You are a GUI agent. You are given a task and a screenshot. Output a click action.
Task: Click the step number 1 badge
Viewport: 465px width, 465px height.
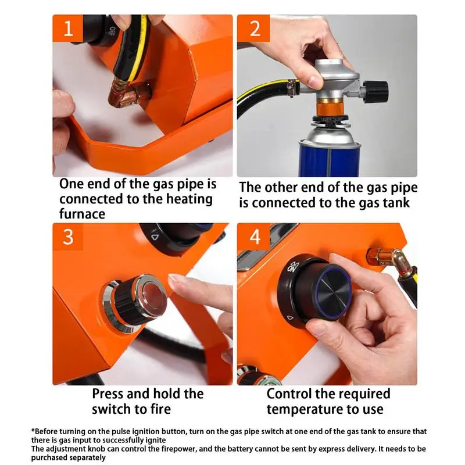67,28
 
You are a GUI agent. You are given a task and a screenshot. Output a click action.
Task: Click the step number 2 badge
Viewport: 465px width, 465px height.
253,28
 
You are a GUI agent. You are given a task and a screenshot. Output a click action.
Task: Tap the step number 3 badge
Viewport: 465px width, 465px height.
67,237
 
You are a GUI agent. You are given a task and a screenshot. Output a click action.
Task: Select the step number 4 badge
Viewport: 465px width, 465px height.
253,237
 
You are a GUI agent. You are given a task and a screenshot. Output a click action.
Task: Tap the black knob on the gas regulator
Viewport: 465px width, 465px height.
375,91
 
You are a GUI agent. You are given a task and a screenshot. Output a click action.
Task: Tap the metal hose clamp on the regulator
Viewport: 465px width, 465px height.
292,88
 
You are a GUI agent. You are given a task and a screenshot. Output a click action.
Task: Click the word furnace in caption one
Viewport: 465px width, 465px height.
82,214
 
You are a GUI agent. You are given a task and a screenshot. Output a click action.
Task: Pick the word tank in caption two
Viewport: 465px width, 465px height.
396,203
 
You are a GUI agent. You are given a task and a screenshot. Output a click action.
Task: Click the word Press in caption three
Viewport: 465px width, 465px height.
108,394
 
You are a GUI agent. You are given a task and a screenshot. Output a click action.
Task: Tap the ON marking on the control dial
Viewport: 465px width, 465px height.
292,269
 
